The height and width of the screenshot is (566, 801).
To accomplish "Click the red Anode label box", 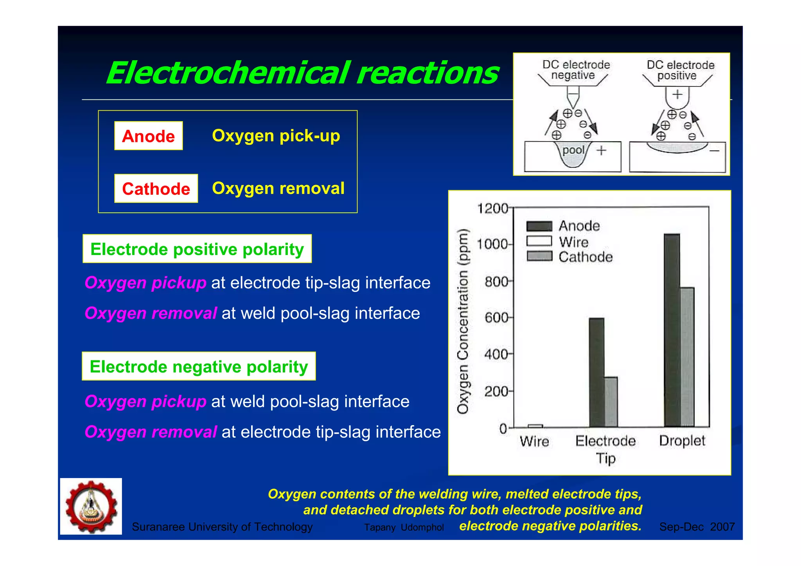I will (x=148, y=136).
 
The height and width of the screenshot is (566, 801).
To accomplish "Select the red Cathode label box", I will (x=156, y=189).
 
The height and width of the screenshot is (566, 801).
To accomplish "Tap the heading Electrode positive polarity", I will (x=197, y=249).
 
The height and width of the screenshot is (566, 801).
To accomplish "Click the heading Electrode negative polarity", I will (x=199, y=366).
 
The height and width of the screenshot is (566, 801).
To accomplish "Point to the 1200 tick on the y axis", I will (x=492, y=208).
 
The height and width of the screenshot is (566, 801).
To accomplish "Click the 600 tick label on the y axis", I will (x=496, y=318).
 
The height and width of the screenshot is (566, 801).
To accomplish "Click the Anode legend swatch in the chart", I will (x=539, y=226).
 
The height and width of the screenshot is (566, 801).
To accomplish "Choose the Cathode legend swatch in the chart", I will (x=539, y=257).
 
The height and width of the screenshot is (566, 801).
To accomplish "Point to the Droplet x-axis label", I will (x=682, y=441).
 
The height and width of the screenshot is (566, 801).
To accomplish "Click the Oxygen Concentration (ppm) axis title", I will (x=463, y=321).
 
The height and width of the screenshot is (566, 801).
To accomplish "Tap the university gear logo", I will (x=91, y=506).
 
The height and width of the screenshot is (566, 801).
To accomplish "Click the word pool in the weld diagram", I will (x=573, y=150).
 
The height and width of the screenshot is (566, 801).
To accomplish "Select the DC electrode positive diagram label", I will (x=680, y=70).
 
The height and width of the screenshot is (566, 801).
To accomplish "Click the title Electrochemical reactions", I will (x=302, y=73).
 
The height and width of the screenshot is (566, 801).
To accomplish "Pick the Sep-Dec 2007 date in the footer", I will (x=697, y=527).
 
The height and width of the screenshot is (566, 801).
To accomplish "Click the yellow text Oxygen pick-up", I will (x=276, y=136).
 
